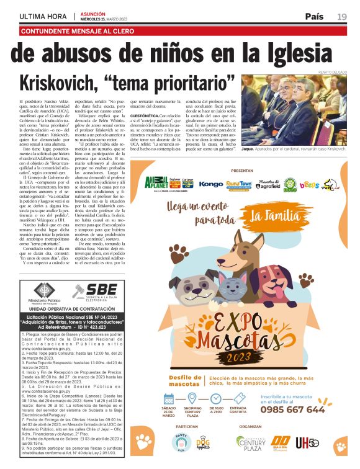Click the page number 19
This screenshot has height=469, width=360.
pyautogui.click(x=342, y=16)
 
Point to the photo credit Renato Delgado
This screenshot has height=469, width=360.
pyautogui.click(x=328, y=73)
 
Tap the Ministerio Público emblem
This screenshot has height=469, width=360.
pyautogui.click(x=43, y=290)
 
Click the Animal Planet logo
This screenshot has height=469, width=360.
pyautogui.click(x=157, y=184)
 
